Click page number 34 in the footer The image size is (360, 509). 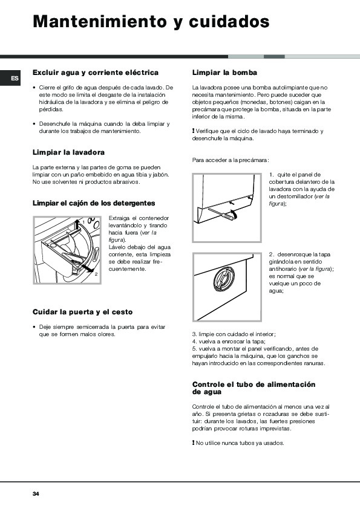click(36, 494)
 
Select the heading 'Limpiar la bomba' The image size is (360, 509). click(224, 73)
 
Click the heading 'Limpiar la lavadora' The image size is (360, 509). click(68, 152)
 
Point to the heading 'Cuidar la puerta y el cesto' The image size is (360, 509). click(82, 312)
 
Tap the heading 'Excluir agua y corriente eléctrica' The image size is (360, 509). click(96, 73)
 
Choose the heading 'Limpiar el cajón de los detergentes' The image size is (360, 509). click(94, 203)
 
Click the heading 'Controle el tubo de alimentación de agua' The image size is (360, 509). click(254, 388)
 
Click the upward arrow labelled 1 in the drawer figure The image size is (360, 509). click(77, 225)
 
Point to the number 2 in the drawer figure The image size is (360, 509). click(96, 274)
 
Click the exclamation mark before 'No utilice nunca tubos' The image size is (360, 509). click(194, 443)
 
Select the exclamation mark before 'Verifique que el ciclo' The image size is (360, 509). click(194, 131)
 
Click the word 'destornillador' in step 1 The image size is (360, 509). click(293, 196)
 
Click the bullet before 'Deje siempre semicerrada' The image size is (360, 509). click(34, 327)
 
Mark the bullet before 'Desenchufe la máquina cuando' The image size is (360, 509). click(34, 124)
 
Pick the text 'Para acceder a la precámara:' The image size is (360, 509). click(231, 160)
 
